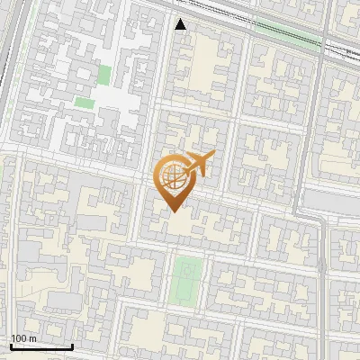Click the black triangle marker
pyautogui.click(x=182, y=24)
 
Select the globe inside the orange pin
pyautogui.click(x=173, y=177)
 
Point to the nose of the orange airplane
pyautogui.click(x=211, y=157)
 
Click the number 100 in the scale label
pyautogui.click(x=19, y=338)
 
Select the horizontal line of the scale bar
pyautogui.click(x=41, y=346)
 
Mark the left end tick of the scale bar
pyautogui.click(x=11, y=345)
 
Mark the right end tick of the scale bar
pyautogui.click(x=72, y=345)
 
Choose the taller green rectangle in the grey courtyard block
pyautogui.click(x=104, y=76)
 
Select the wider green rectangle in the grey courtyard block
pyautogui.click(x=84, y=103)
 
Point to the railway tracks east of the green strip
pyautogui.click(x=337, y=49)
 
